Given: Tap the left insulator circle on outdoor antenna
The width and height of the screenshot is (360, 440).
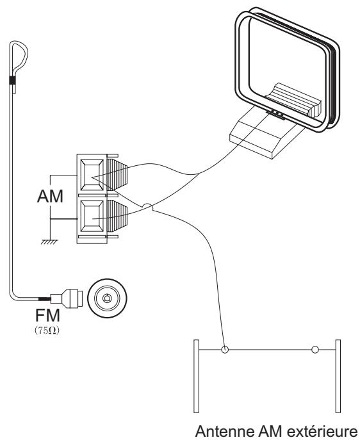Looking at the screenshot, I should [x=225, y=350].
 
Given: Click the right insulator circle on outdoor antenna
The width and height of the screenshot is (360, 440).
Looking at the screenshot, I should [x=315, y=350].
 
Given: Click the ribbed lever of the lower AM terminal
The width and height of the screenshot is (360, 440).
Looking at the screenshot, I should [x=119, y=218].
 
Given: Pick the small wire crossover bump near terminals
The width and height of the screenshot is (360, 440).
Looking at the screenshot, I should [x=149, y=208].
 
